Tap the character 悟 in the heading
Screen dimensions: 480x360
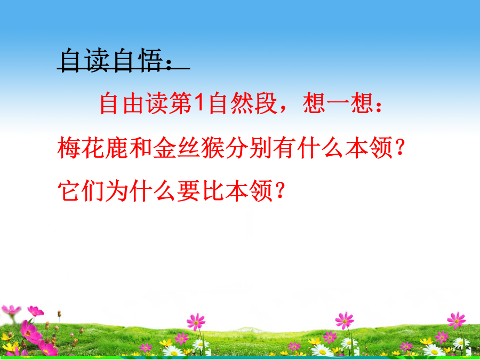pos(149,60)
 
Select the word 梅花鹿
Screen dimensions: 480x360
pos(92,147)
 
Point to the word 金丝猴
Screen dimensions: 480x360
pos(188,147)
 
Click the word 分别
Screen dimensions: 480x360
pos(248,147)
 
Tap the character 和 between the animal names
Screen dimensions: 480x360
pos(140,147)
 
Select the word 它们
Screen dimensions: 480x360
pos(81,190)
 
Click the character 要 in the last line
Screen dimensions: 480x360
pos(188,190)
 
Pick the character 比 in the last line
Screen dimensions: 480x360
pos(212,190)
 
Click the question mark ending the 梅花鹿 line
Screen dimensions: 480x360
pos(398,147)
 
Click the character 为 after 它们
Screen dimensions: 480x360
pos(116,190)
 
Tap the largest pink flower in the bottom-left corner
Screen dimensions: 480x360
pos(30,331)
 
